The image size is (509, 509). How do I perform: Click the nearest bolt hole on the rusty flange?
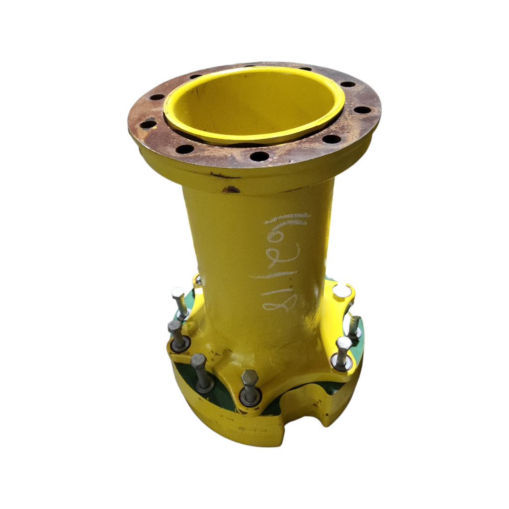point(259,156)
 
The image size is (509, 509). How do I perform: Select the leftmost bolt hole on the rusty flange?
point(148,124)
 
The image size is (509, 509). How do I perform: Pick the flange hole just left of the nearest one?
point(185,149)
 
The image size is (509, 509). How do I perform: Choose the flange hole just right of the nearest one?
point(332,139)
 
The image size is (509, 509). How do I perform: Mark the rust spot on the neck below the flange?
point(231,189)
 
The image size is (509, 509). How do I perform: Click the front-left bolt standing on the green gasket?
point(201,370)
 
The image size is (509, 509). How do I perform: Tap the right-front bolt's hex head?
point(343,344)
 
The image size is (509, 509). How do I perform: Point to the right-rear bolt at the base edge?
point(354,325)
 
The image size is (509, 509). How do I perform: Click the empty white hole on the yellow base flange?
point(341,291)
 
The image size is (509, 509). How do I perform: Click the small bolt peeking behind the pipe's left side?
point(198,280)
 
